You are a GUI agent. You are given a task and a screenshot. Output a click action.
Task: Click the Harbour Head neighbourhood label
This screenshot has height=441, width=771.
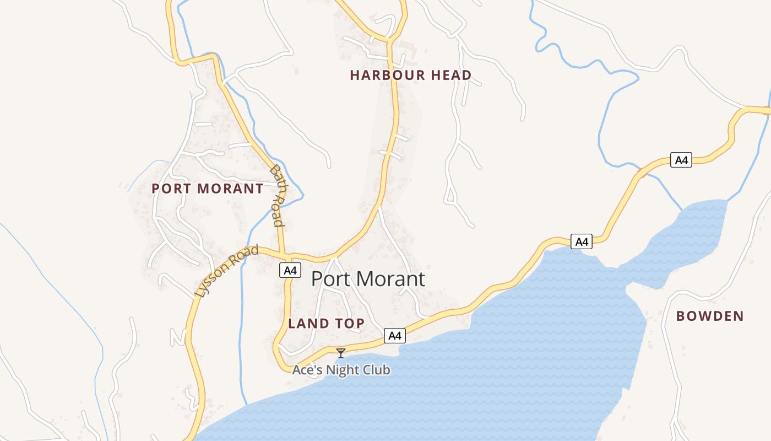(411, 76)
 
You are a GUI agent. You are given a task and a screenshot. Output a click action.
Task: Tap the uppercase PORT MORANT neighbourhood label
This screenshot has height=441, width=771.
(208, 189)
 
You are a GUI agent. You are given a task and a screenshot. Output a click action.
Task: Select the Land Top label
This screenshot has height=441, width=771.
(326, 324)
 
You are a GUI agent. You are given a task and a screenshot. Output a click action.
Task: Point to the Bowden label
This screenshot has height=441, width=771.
(710, 316)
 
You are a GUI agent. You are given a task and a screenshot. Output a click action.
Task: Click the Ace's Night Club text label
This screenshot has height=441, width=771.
(341, 370)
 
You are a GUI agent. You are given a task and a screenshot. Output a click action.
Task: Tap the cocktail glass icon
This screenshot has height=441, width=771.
(341, 353)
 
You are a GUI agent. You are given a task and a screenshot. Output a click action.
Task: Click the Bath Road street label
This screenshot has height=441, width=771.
(278, 196)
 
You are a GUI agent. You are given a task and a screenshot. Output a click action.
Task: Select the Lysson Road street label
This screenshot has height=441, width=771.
(226, 272)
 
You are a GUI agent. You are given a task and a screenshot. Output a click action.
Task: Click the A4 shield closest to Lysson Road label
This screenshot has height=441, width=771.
(290, 270)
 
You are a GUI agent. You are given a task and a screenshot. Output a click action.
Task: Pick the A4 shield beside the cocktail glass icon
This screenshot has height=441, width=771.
(395, 335)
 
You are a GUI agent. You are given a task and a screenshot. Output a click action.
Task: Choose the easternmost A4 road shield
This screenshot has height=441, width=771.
(681, 160)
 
